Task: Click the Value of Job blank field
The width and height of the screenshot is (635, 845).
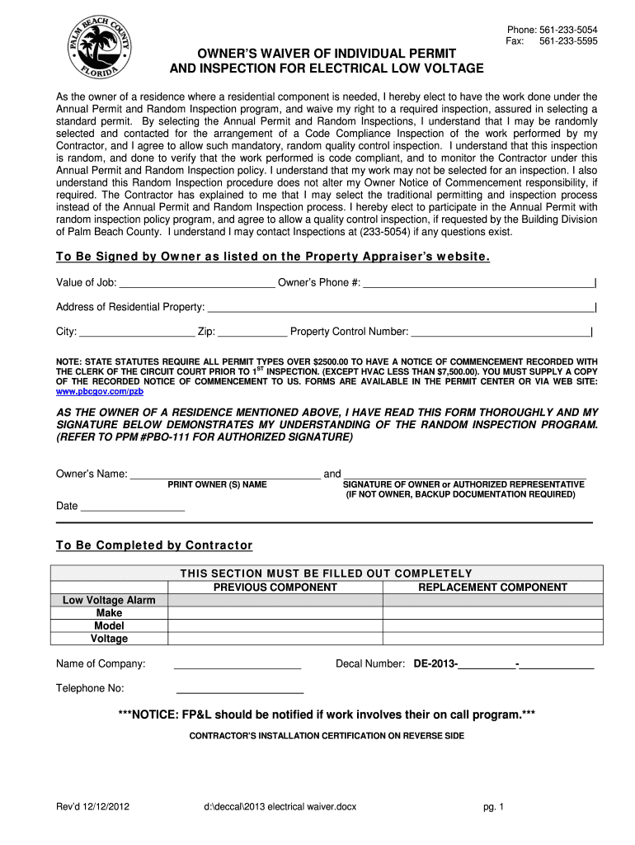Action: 197,283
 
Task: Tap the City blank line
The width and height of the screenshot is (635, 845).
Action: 137,332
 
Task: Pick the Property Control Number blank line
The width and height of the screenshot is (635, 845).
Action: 501,332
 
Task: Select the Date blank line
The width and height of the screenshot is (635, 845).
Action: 133,506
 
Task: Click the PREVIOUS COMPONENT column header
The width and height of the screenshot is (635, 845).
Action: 275,588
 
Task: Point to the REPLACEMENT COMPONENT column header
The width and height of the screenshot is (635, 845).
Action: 492,588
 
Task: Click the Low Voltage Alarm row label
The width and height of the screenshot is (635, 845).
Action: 109,600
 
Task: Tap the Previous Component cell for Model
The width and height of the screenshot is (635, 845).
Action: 275,625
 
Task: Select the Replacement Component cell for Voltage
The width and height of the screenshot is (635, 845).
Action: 492,639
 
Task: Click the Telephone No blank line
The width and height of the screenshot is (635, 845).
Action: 240,689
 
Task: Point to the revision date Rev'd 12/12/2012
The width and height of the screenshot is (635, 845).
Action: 92,807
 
